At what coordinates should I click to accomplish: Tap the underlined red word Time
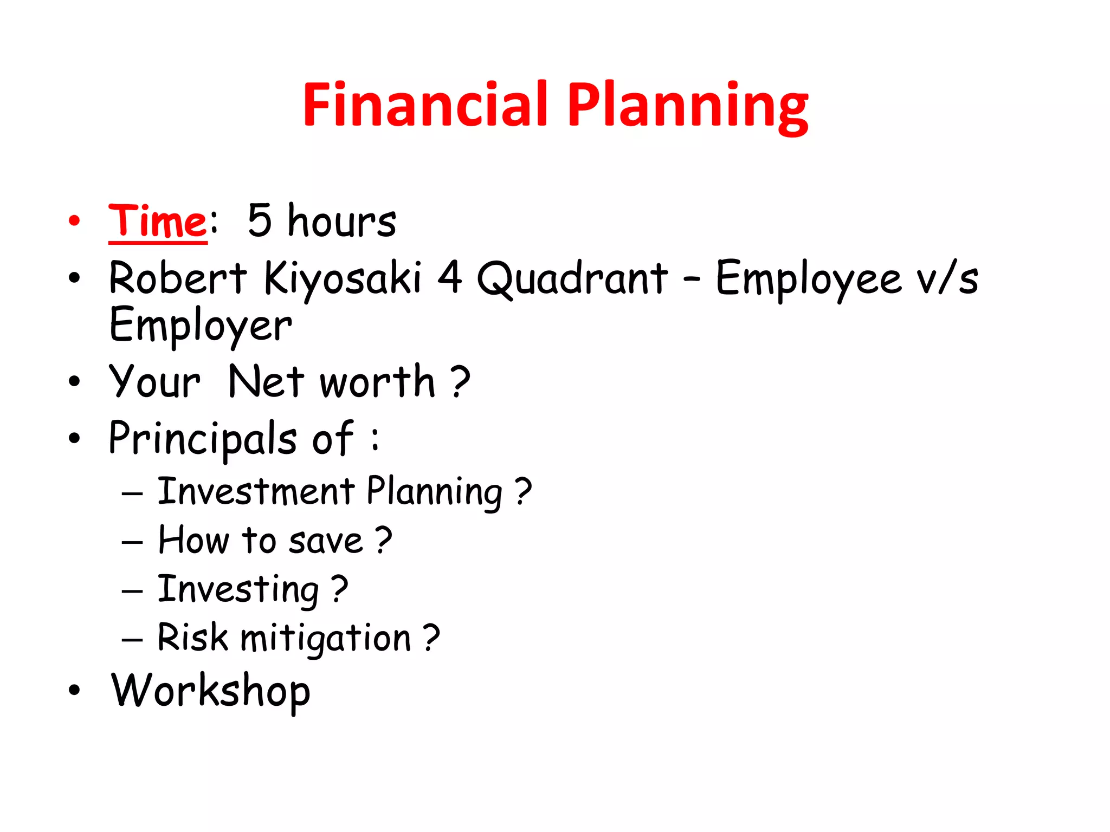tap(157, 222)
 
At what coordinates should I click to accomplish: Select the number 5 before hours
tap(259, 220)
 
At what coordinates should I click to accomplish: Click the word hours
tap(341, 222)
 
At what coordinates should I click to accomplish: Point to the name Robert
tap(177, 278)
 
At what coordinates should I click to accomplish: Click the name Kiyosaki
tap(342, 278)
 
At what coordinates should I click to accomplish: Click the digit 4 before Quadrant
tap(450, 277)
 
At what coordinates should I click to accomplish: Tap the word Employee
tap(808, 278)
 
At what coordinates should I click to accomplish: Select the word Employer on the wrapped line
tap(200, 325)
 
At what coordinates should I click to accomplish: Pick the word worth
tap(377, 382)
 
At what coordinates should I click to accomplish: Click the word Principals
tap(202, 439)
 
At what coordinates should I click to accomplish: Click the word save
tap(325, 541)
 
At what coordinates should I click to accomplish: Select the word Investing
tap(238, 589)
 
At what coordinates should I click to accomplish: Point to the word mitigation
tap(325, 638)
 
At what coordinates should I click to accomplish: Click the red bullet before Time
tap(74, 221)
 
